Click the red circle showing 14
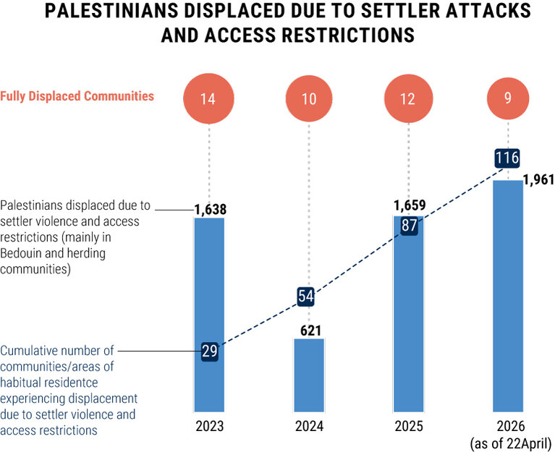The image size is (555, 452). [x=208, y=99]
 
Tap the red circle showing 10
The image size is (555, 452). [x=309, y=99]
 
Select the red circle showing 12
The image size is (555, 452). [x=407, y=99]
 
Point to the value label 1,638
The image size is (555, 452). [x=211, y=209]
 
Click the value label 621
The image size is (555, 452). [x=310, y=331]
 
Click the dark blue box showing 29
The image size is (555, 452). [x=210, y=351]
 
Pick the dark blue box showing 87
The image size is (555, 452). [x=409, y=224]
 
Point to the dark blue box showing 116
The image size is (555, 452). [x=507, y=158]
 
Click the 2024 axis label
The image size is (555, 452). [x=309, y=425]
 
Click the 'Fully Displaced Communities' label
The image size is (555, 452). [x=77, y=95]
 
